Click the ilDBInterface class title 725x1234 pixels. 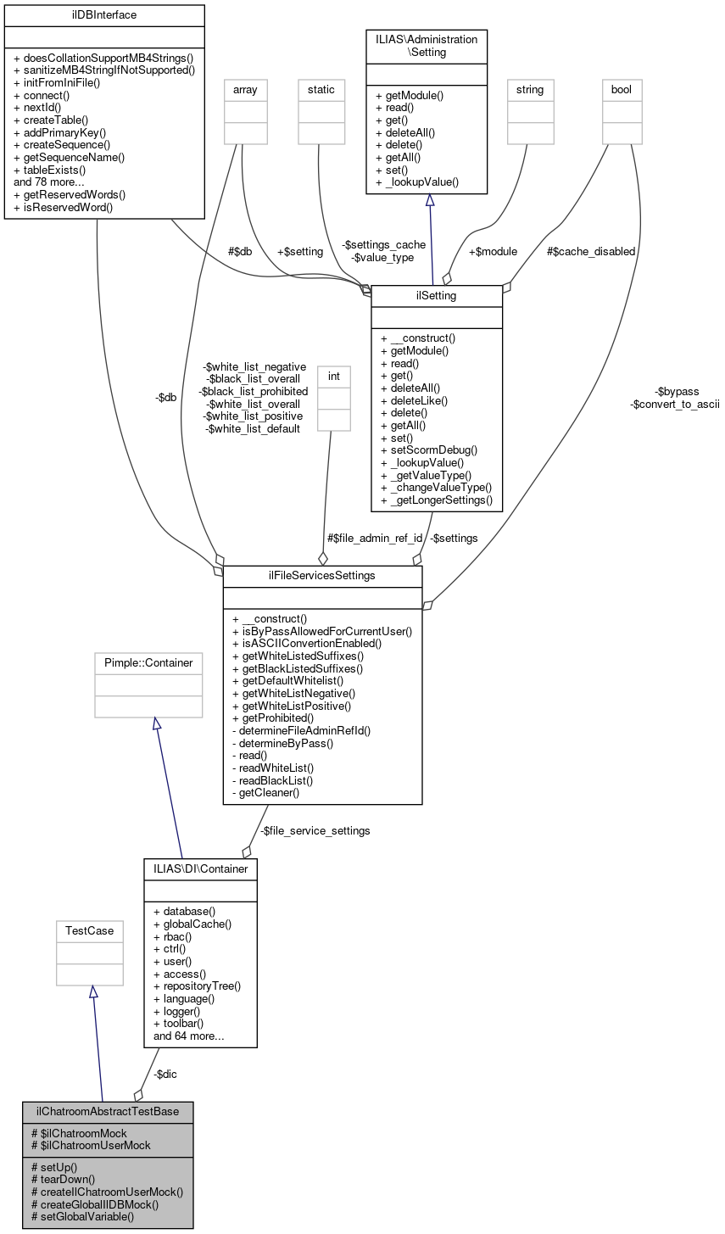pos(104,15)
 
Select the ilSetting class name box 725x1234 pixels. pos(437,296)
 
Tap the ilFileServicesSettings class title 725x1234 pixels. pos(322,576)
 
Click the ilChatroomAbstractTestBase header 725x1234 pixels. pos(108,1112)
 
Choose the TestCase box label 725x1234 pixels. pos(89,930)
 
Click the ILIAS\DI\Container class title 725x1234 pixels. pos(201,868)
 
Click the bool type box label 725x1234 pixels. pos(622,89)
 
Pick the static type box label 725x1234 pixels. pos(321,89)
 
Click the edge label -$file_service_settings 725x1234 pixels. pos(315,831)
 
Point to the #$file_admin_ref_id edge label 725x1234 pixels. pos(374,538)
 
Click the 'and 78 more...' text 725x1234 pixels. pos(49,181)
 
